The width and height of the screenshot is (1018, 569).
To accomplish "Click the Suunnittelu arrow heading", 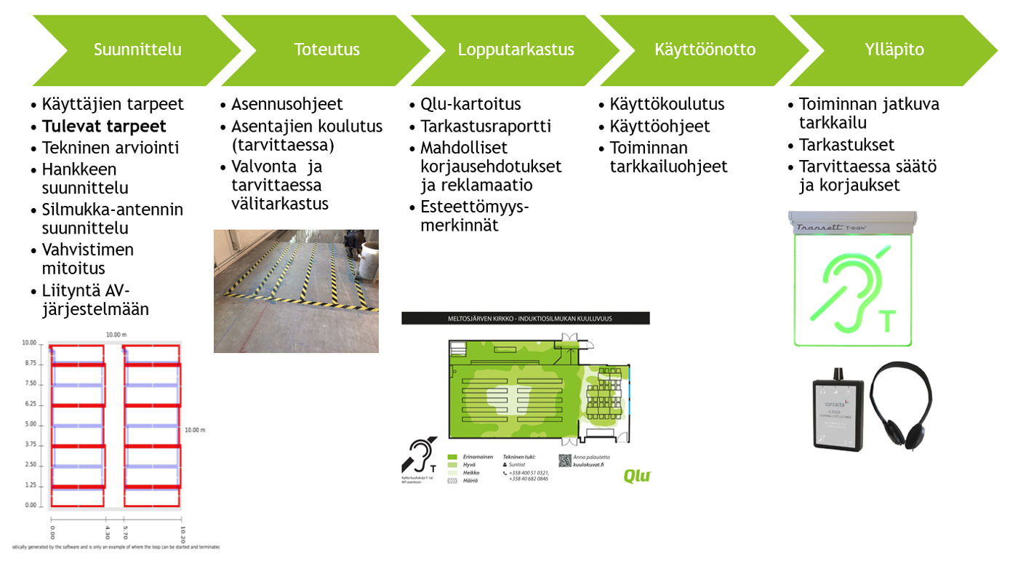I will point(137,50).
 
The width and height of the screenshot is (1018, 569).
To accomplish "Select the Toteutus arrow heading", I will point(326,50).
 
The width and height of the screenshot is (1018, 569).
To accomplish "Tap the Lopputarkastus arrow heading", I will point(516,50).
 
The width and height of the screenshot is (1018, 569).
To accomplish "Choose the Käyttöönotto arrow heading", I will point(705,50).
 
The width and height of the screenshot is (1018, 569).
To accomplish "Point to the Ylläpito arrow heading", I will point(895,50).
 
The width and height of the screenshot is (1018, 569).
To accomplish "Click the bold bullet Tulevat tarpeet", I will point(104,126).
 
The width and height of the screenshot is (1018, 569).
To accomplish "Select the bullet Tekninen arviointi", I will point(110,148).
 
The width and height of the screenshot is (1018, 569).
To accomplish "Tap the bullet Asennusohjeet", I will point(287,104).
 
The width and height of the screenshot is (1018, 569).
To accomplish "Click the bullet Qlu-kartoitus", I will point(470,104).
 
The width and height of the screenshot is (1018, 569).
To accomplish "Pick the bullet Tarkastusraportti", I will point(485,126).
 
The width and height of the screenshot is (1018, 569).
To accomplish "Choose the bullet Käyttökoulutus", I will point(667,104).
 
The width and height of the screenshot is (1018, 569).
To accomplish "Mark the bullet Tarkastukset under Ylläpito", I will point(846,144).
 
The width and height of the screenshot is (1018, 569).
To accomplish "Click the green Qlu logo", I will point(636,477).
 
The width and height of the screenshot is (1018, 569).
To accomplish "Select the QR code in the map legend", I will point(564,460).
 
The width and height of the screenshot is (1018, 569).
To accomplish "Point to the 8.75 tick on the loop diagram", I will point(29,362).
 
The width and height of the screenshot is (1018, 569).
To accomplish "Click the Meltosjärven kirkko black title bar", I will point(525,319).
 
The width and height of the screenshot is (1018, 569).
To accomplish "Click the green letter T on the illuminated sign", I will point(888,321).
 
